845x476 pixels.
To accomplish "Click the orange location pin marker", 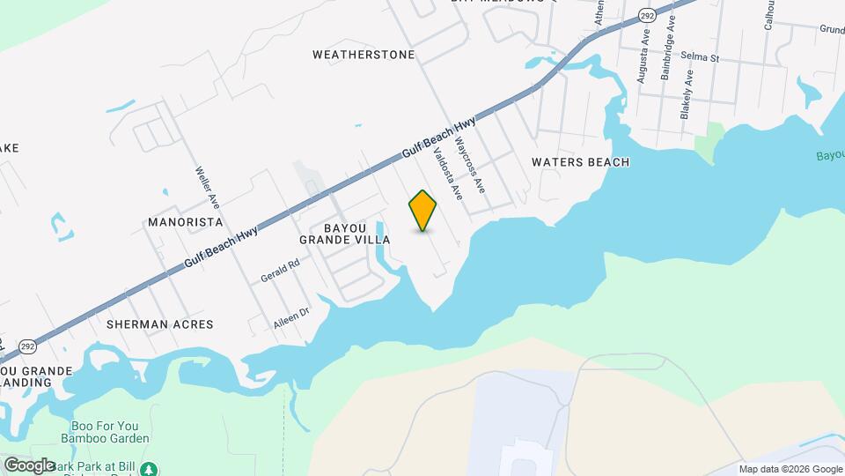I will click(x=423, y=210).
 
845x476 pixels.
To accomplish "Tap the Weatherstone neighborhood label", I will click(x=364, y=55).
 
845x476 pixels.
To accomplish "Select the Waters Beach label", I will click(x=581, y=162).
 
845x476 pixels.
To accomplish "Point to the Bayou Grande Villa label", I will click(x=345, y=234).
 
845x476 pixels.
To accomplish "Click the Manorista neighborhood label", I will click(x=183, y=221).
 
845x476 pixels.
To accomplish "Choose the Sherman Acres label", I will click(x=159, y=324).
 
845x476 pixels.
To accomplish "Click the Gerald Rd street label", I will click(x=281, y=271).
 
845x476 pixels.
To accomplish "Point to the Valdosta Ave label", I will click(x=448, y=170).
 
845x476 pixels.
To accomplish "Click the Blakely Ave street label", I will click(x=687, y=94).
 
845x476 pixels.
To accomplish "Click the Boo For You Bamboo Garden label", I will click(x=105, y=430).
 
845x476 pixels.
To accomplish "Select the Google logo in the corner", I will click(x=29, y=465).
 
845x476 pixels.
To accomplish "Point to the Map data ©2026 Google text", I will click(x=790, y=469).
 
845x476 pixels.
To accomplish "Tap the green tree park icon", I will click(x=151, y=467).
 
